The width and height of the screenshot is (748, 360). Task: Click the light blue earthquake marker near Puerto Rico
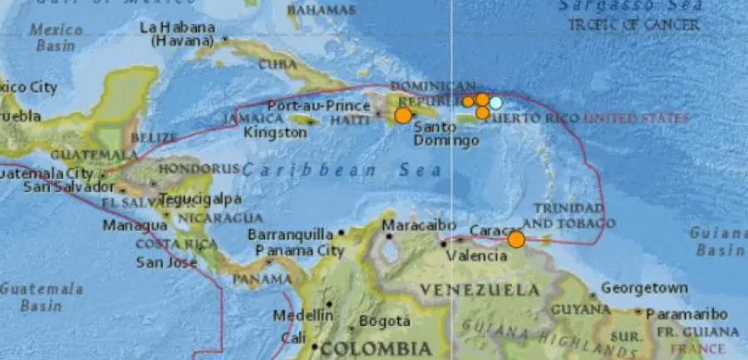coord(495,103)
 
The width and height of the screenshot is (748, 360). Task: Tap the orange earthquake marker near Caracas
coord(516,239)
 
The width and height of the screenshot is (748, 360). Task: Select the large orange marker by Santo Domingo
coord(403,116)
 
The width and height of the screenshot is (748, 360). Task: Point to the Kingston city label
coord(275,132)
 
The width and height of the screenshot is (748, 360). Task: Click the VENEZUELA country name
coord(479,290)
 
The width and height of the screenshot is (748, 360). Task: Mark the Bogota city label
coord(385,321)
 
